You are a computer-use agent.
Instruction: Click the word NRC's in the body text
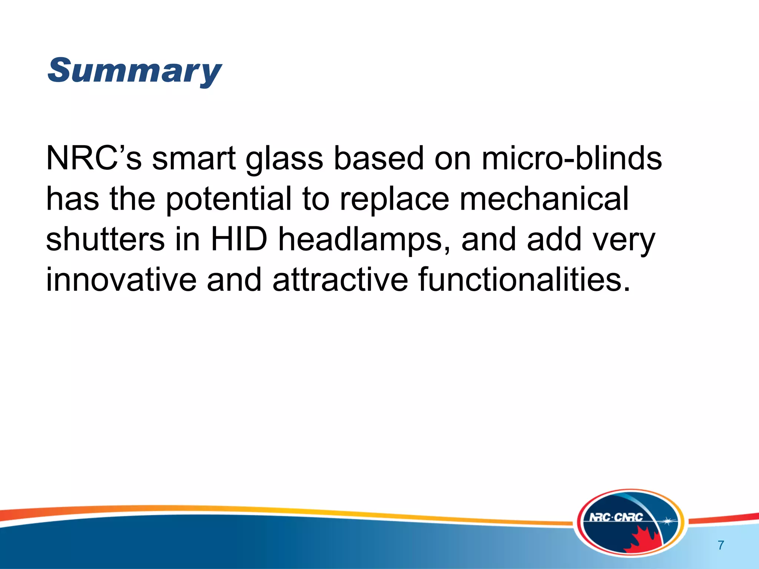(x=93, y=158)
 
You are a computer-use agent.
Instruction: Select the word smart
(x=193, y=158)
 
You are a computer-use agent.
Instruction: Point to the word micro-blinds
(x=571, y=158)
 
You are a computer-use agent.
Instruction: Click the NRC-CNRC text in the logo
(x=616, y=517)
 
